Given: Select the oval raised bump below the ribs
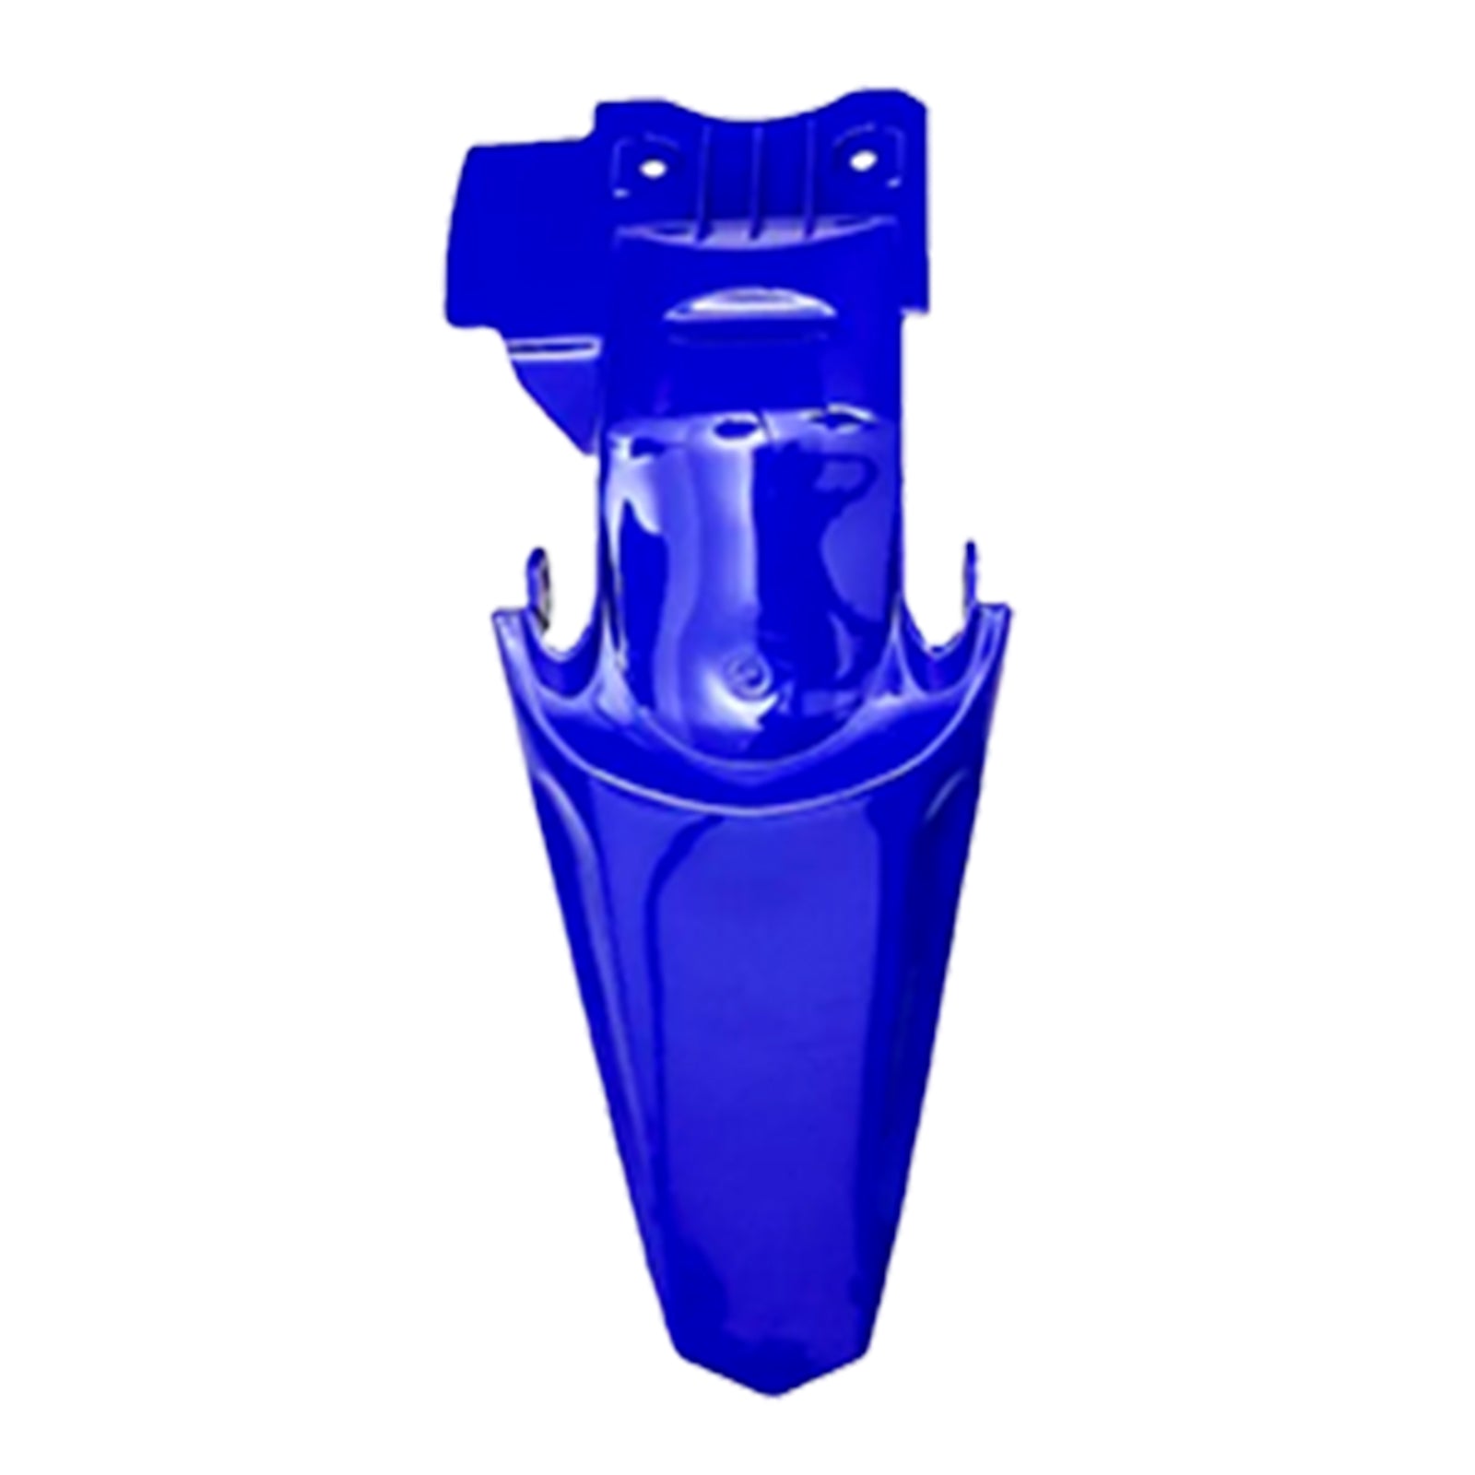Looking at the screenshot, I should pos(733,308).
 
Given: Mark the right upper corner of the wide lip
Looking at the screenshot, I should pos(1005,608).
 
